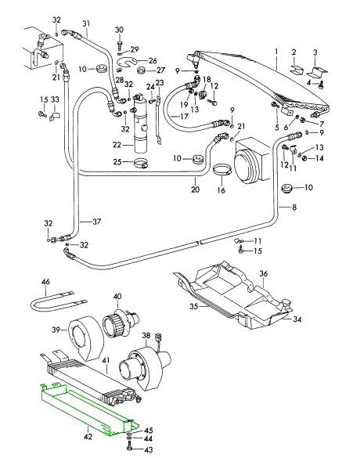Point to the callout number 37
[96, 221]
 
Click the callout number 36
[264, 273]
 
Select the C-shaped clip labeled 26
[128, 61]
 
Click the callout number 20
[196, 189]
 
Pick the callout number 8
[294, 207]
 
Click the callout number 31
[85, 23]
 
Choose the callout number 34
[297, 319]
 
